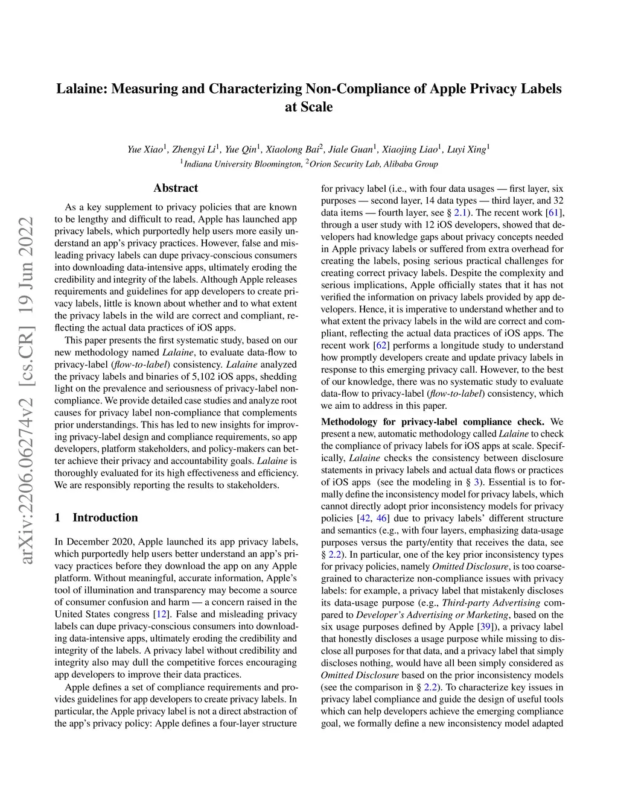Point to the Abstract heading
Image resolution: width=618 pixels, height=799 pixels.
point(176,188)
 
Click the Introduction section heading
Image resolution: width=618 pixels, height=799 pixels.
point(105,517)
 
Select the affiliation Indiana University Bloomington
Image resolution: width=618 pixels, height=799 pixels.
point(242,164)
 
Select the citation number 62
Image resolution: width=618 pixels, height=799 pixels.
point(382,346)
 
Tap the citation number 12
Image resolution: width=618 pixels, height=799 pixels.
point(161,614)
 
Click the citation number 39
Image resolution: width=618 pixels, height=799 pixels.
point(485,627)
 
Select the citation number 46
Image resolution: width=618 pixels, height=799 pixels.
point(382,519)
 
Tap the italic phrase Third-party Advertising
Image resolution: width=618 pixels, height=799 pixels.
point(491,603)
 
